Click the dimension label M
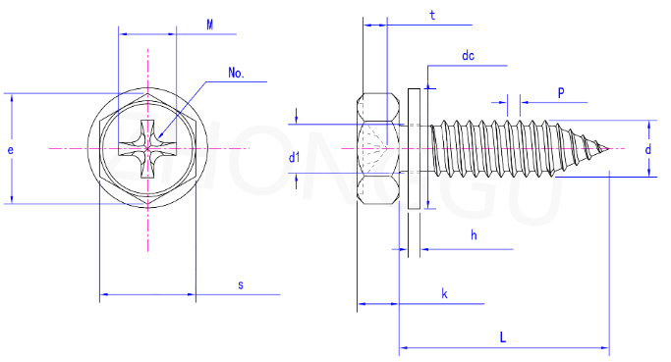[x=209, y=26]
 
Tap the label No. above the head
[x=236, y=73]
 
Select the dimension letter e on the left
[x=10, y=150]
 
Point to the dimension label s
[x=241, y=285]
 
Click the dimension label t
[x=432, y=16]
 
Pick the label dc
[x=469, y=56]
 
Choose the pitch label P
[x=561, y=93]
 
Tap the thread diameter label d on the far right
[x=647, y=149]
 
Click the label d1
[x=294, y=158]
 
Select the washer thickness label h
[x=474, y=235]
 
